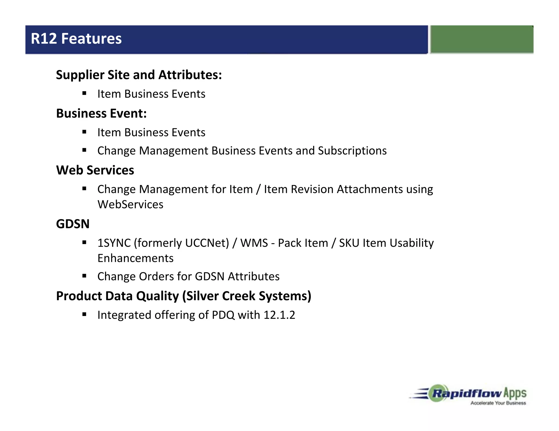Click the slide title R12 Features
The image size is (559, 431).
[76, 39]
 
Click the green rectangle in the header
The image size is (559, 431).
[482, 39]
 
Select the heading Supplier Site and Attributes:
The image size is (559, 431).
[139, 75]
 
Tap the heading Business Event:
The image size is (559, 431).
[101, 113]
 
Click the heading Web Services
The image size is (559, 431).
[95, 170]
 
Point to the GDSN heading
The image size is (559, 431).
[73, 224]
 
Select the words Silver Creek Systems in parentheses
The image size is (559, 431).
[247, 296]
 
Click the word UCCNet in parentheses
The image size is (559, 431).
[206, 243]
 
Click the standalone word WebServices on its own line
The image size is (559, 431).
[130, 205]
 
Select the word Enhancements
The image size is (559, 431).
[135, 258]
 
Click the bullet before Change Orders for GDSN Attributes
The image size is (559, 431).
[84, 276]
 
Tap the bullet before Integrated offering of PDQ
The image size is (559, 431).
[84, 314]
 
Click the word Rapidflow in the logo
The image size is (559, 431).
[467, 394]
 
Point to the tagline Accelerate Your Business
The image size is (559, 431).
[498, 403]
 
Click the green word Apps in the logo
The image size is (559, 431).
[515, 393]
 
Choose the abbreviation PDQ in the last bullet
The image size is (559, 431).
[223, 315]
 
